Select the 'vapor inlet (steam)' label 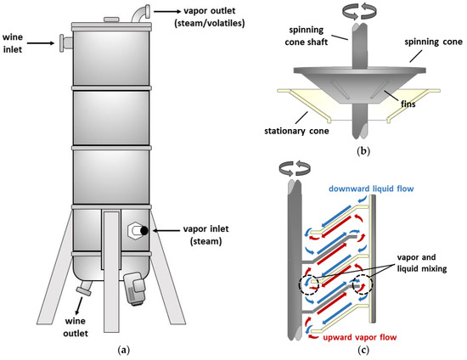tap(209, 236)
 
